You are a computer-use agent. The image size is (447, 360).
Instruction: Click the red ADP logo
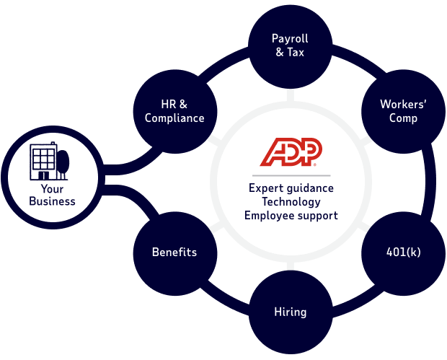[291, 152]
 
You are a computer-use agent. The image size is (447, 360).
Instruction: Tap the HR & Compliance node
[174, 111]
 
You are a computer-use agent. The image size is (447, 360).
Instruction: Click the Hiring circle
[290, 312]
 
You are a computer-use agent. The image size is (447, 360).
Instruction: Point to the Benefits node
[174, 253]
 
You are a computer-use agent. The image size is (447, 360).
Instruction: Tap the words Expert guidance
[291, 189]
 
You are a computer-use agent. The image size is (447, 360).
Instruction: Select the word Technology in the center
[291, 202]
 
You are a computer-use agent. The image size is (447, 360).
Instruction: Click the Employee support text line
[291, 215]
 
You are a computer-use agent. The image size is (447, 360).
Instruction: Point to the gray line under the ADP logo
[291, 175]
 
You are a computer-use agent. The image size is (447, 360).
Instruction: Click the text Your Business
[52, 196]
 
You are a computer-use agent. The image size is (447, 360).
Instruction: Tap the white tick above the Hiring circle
[290, 265]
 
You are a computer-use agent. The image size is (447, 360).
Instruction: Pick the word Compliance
[174, 118]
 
